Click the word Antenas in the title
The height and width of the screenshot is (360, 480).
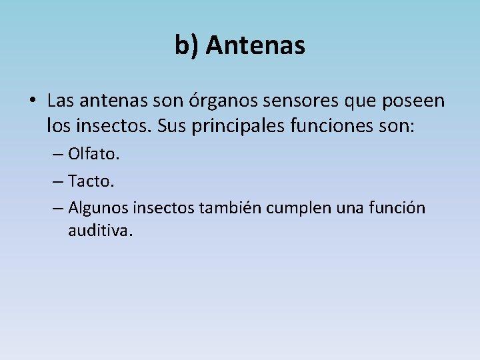256,45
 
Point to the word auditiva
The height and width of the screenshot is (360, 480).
101,231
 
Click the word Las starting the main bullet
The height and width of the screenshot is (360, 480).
60,101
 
